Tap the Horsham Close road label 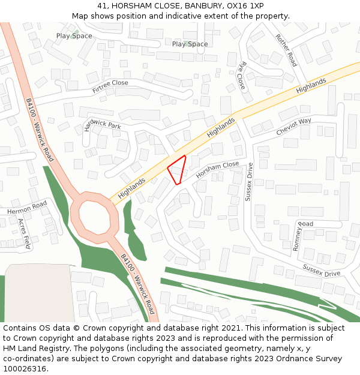tap(217, 170)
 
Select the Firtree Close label tap(110, 86)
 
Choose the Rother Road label tap(286, 50)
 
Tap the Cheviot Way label tap(293, 127)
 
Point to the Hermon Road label tap(27, 208)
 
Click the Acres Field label tap(24, 233)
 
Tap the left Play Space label tap(74, 36)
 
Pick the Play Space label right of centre tap(190, 44)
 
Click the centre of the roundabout tap(92, 214)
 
